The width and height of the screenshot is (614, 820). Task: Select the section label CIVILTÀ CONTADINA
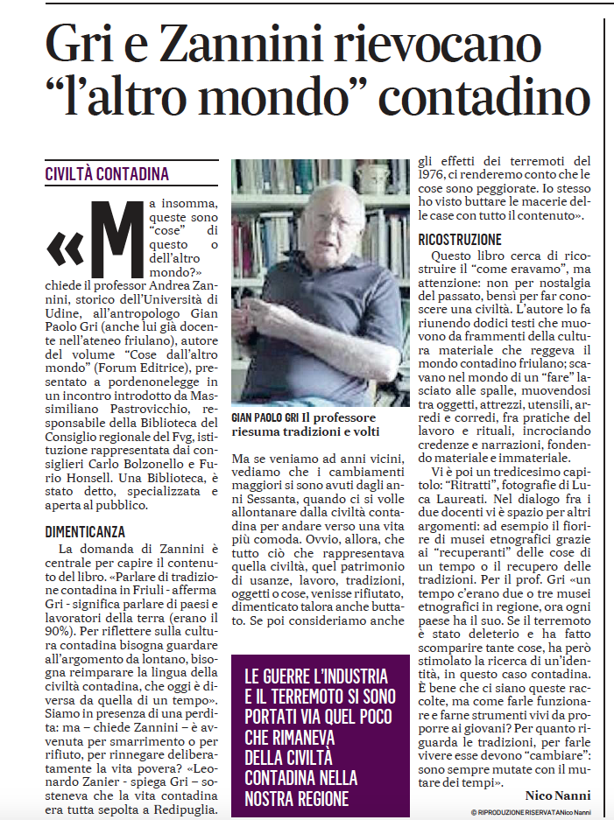pyautogui.click(x=107, y=174)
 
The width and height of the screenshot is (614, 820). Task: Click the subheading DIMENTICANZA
pyautogui.click(x=86, y=531)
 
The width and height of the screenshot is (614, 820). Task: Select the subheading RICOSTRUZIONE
pyautogui.click(x=460, y=239)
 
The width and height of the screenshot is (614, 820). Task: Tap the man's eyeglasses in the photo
pyautogui.click(x=332, y=221)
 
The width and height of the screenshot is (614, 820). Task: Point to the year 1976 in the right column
pyautogui.click(x=433, y=175)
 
